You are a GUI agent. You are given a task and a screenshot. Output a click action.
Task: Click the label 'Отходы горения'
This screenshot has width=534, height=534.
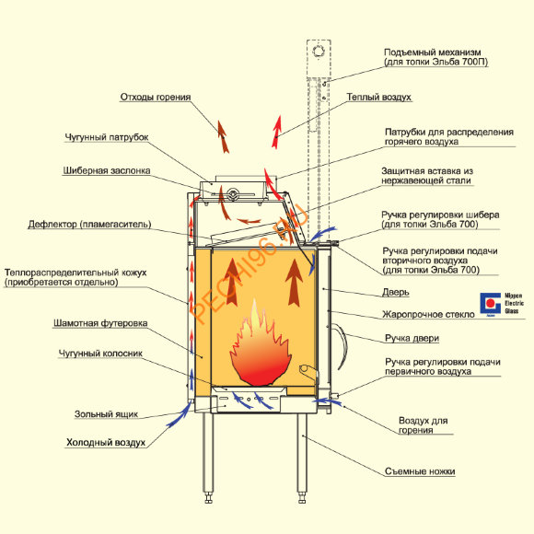pyautogui.click(x=156, y=97)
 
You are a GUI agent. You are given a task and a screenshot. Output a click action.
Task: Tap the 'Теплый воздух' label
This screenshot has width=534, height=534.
pyautogui.click(x=379, y=97)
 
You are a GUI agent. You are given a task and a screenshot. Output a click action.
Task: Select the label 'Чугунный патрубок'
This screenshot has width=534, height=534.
pyautogui.click(x=107, y=137)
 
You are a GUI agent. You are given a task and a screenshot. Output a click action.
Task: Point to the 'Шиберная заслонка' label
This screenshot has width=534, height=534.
pyautogui.click(x=107, y=170)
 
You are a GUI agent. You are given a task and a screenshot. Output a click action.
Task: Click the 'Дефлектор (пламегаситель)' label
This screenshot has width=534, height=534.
pyautogui.click(x=89, y=225)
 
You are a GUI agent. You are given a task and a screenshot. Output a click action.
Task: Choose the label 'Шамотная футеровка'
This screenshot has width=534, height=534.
pyautogui.click(x=100, y=323)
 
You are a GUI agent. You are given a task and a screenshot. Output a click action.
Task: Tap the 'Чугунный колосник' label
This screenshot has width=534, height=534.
pyautogui.click(x=100, y=354)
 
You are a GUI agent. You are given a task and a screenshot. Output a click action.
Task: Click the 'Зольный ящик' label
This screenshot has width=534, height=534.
pyautogui.click(x=106, y=414)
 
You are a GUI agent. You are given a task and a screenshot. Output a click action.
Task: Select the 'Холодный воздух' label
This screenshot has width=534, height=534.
pyautogui.click(x=106, y=442)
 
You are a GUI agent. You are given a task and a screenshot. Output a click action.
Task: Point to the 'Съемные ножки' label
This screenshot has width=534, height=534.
pyautogui.click(x=420, y=471)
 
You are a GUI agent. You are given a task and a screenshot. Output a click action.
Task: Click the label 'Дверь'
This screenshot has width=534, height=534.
pyautogui.click(x=395, y=292)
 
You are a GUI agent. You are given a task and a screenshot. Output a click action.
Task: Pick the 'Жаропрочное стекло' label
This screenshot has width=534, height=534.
pyautogui.click(x=428, y=314)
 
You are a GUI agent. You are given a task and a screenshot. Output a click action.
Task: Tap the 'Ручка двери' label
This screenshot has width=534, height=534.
pyautogui.click(x=412, y=338)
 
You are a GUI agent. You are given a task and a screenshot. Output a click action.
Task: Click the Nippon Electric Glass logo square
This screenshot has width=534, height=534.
pyautogui.click(x=491, y=303)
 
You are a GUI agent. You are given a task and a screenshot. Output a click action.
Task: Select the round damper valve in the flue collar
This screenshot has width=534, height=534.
pyautogui.click(x=233, y=194)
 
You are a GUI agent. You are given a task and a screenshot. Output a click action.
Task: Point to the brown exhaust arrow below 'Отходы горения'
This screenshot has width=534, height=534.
pyautogui.click(x=223, y=136)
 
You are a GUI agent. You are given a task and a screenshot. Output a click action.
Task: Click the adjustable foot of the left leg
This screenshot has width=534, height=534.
pyautogui.click(x=208, y=498)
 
